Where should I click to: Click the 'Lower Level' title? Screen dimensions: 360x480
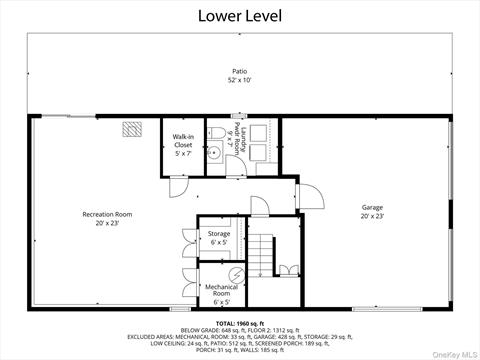point(240,15)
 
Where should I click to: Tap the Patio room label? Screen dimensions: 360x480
point(240,72)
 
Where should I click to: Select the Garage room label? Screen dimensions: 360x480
point(372,208)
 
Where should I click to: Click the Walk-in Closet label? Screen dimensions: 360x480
point(183,140)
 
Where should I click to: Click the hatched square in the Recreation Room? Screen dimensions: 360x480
point(132,129)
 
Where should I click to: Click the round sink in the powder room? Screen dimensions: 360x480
point(216,154)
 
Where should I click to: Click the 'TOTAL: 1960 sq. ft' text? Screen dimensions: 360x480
point(240,323)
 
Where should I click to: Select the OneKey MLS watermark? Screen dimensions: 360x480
point(455,354)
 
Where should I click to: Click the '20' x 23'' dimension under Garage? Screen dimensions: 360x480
point(372,216)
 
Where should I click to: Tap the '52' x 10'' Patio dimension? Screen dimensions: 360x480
point(240,80)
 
